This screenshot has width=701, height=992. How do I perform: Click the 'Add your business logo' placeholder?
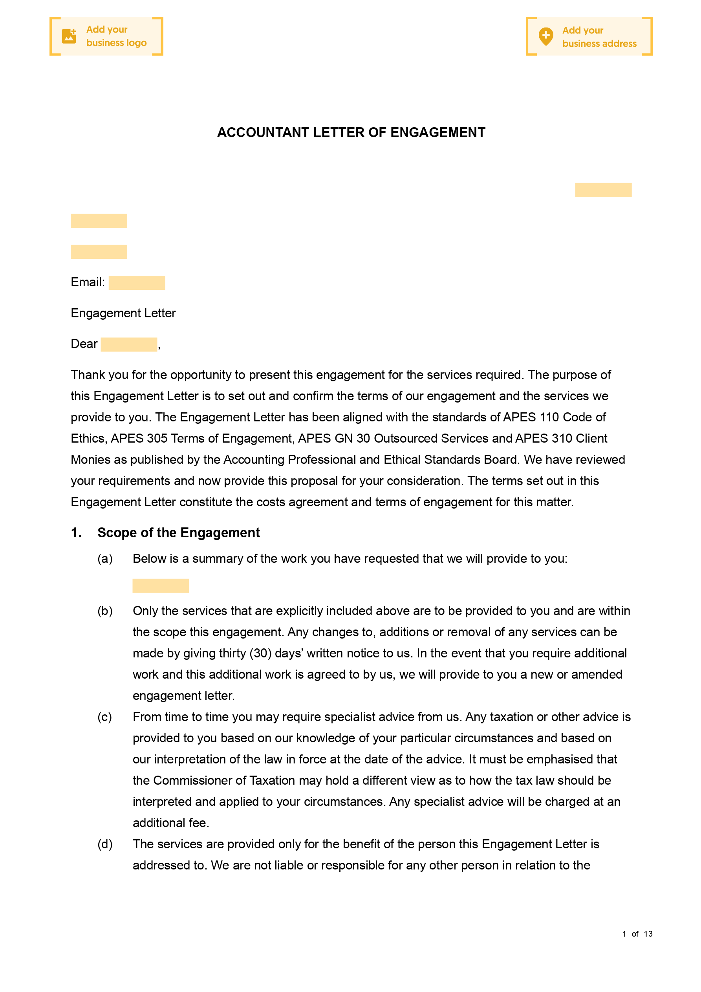pos(106,36)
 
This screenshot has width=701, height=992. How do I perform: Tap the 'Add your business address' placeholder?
pos(589,37)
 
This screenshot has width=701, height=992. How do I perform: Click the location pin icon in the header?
pos(546,36)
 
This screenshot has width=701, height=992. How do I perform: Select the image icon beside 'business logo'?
pos(69,36)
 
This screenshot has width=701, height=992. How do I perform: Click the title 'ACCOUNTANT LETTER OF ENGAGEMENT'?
pos(351,133)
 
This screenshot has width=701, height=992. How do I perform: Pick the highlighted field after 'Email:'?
pos(137,283)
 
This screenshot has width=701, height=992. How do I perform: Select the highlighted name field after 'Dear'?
pos(129,344)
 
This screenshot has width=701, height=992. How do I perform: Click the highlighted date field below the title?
pos(603,190)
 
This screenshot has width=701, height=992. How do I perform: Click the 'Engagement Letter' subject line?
pos(123,313)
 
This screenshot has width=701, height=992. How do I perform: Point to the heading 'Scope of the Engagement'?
pos(179,533)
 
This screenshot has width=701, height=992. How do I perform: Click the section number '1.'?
pos(76,533)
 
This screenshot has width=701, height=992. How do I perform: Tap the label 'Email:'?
pos(88,283)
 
